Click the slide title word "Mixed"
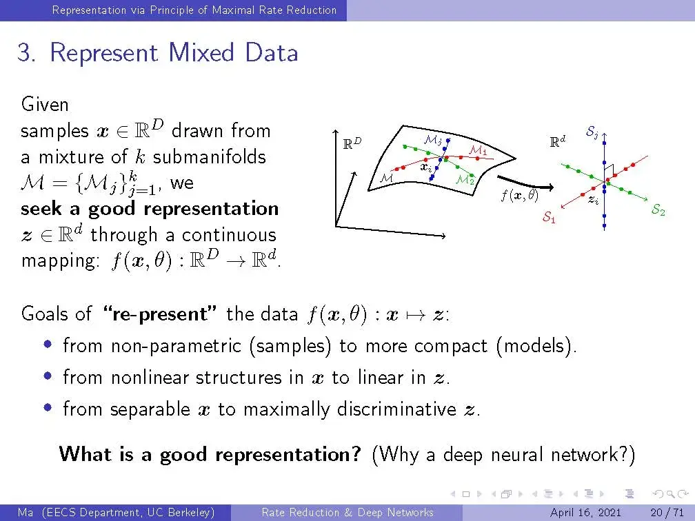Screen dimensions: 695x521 pos(201,52)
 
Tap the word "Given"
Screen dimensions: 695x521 pos(45,105)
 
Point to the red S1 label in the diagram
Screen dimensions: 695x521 pos(549,217)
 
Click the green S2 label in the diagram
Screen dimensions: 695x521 pos(658,209)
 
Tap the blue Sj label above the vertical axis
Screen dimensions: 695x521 pos(592,132)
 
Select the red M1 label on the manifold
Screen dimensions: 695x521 pos(478,150)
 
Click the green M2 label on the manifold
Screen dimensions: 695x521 pos(465,180)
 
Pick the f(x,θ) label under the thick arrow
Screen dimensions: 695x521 pos(519,195)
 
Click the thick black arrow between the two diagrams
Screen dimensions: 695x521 pos(525,183)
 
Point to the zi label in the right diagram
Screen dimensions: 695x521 pos(593,201)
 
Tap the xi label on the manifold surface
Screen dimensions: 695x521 pos(426,167)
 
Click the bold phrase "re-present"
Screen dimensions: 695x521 pos(160,314)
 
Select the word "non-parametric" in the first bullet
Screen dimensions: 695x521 pos(176,346)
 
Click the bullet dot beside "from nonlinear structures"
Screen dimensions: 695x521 pos(48,376)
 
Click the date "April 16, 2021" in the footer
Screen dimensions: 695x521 pos(585,513)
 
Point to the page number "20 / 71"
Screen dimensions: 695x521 pos(667,513)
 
